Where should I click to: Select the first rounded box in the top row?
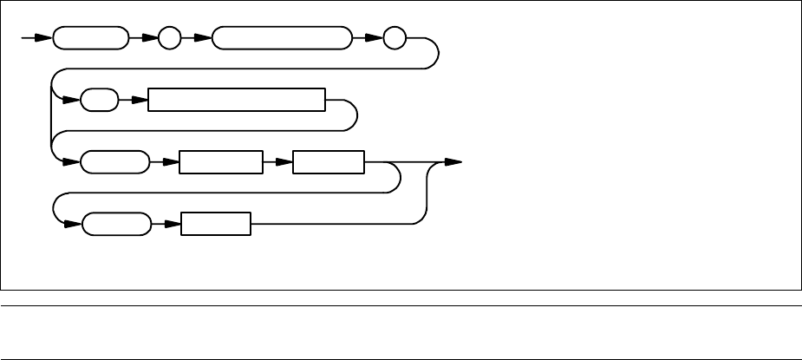click(88, 39)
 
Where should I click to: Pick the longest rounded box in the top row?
click(281, 39)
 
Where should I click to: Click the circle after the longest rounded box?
click(394, 39)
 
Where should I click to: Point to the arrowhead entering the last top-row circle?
click(375, 39)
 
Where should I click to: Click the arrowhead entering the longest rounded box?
click(204, 39)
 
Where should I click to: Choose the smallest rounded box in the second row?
click(100, 101)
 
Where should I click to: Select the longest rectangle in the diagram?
click(236, 101)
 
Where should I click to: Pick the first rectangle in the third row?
click(219, 162)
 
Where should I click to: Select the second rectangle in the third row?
click(329, 162)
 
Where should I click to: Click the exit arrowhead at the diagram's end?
click(453, 162)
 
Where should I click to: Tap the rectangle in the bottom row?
click(215, 224)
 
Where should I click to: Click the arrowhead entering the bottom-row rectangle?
click(172, 224)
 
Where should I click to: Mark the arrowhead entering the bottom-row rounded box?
click(73, 224)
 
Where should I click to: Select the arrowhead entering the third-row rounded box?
click(73, 162)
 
